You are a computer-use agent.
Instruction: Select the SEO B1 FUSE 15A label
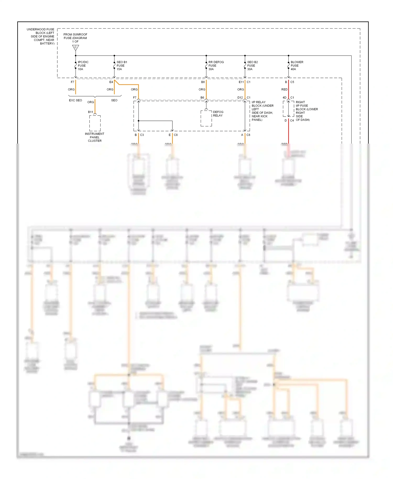(x=122, y=66)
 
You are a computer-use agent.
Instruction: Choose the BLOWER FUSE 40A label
(x=297, y=66)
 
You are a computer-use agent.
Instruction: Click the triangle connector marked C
(x=75, y=47)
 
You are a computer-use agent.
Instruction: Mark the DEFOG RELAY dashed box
(x=206, y=118)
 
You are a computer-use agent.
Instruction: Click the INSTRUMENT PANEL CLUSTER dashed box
(x=95, y=123)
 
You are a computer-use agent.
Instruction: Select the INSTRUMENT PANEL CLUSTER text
(x=95, y=137)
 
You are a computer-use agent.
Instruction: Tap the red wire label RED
(x=284, y=90)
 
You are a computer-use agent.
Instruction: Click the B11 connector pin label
(x=90, y=112)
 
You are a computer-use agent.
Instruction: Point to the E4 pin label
(x=111, y=82)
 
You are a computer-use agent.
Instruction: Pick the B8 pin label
(x=203, y=82)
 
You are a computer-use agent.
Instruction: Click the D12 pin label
(x=240, y=98)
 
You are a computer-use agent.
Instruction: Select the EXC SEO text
(x=75, y=100)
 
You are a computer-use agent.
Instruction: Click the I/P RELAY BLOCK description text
(x=262, y=111)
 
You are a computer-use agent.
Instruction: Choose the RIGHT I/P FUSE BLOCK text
(x=306, y=111)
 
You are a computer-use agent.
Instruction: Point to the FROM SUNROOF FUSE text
(x=75, y=38)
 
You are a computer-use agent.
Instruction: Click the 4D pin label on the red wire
(x=284, y=98)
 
